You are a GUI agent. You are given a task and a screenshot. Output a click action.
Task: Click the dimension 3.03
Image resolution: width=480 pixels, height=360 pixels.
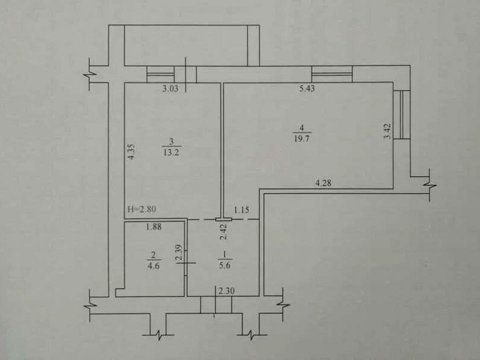click(170, 89)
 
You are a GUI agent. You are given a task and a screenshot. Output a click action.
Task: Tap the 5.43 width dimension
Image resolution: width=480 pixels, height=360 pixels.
click(307, 89)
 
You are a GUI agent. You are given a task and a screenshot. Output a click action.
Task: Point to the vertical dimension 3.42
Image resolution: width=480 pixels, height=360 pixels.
click(387, 131)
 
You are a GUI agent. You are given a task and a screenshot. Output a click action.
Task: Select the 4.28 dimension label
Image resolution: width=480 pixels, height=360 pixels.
click(323, 183)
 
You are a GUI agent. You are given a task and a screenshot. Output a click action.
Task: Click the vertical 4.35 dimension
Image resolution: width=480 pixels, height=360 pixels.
click(131, 152)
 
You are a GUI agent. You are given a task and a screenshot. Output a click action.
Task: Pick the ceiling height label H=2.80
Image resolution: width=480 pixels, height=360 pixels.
click(141, 209)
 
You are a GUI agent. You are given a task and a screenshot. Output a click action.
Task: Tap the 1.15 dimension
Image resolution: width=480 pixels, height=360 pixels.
click(241, 210)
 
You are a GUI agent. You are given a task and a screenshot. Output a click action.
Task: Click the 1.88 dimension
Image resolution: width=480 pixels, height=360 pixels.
click(153, 227)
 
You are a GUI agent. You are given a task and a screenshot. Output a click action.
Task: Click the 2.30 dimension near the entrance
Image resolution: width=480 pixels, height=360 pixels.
click(226, 290)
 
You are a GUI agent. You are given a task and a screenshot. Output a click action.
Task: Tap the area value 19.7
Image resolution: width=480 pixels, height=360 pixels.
click(302, 138)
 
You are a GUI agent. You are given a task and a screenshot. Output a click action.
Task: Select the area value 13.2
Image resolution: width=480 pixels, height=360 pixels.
click(171, 152)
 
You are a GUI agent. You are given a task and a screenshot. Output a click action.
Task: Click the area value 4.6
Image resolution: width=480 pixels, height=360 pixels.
click(153, 265)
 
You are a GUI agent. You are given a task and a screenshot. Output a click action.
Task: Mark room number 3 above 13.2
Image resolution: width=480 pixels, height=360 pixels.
click(171, 141)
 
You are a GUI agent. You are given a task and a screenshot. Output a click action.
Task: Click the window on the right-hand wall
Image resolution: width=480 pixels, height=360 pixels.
click(401, 114)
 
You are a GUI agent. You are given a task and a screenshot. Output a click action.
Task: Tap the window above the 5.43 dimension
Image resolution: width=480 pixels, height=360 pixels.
click(332, 74)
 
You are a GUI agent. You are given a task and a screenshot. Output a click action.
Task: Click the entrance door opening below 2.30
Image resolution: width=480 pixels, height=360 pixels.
click(216, 305)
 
